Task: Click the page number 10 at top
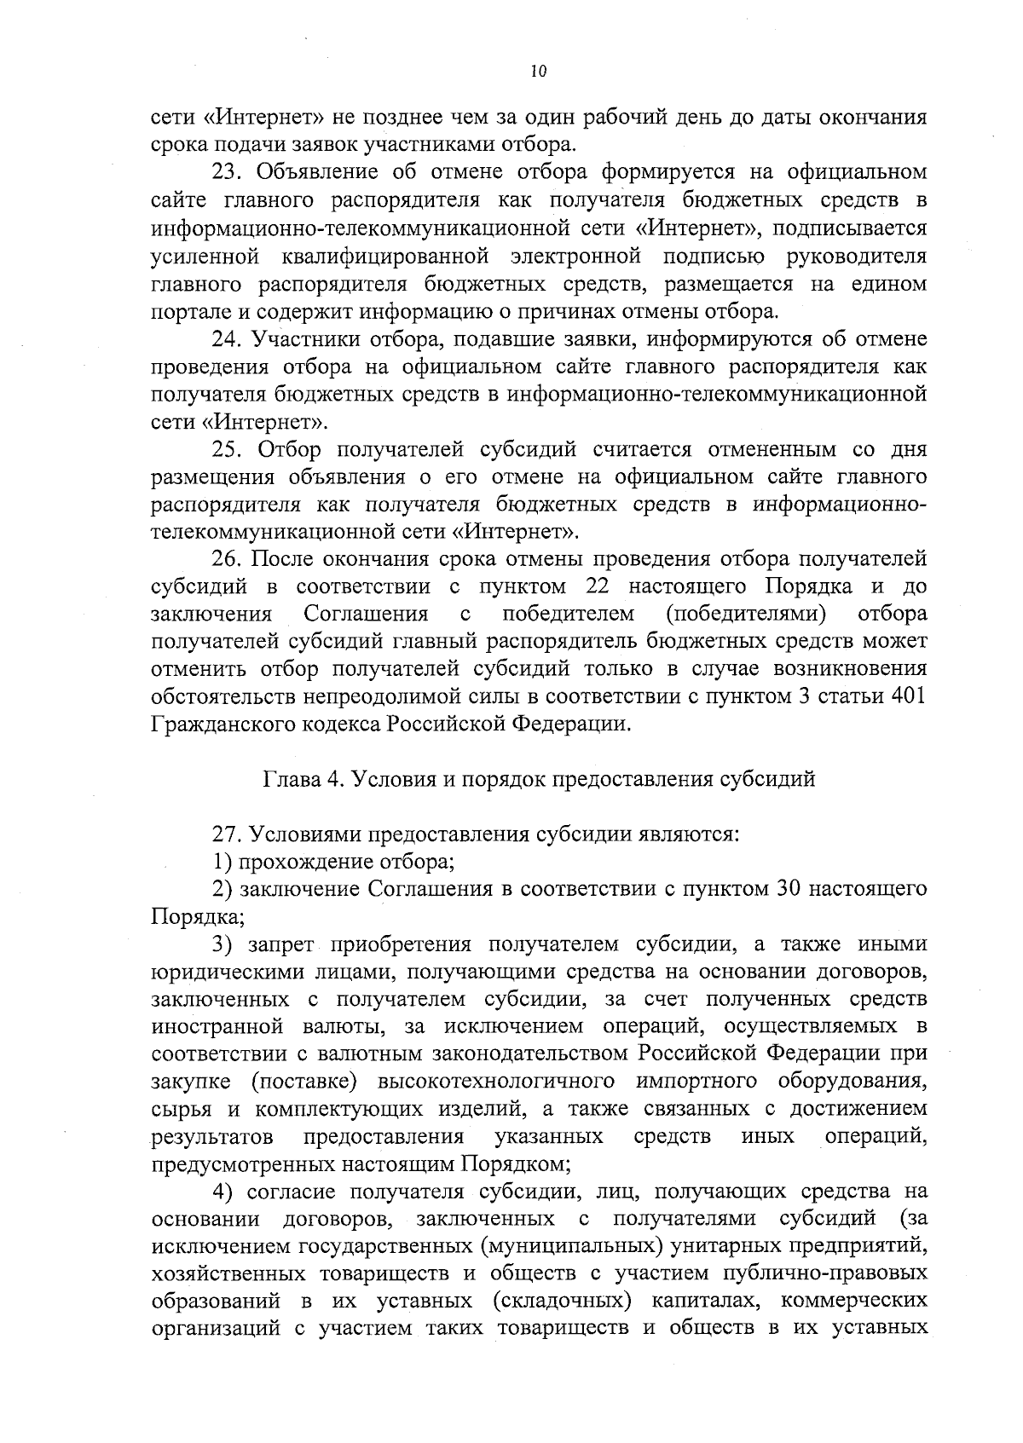tap(537, 72)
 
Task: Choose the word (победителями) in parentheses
tap(747, 614)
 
